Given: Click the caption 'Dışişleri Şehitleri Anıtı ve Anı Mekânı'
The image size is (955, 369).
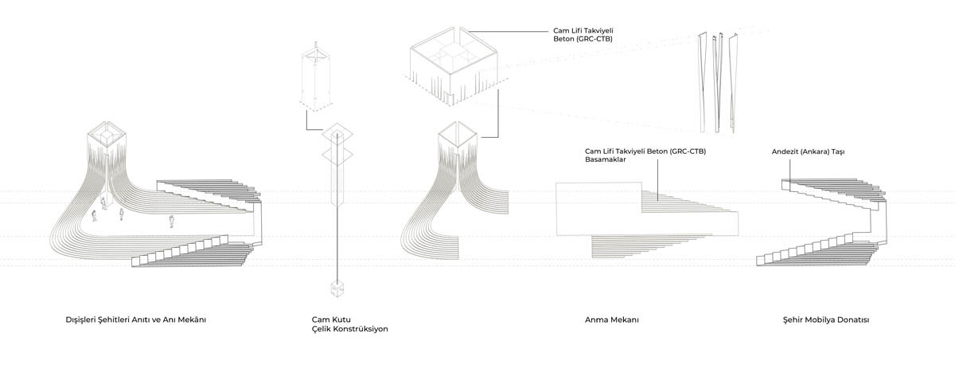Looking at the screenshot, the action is [x=135, y=320].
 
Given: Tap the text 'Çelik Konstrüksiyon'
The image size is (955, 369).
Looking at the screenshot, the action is [x=349, y=329].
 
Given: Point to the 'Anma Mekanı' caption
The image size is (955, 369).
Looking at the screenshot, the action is [x=612, y=320].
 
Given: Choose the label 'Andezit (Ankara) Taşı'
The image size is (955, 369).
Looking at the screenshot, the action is [x=808, y=151].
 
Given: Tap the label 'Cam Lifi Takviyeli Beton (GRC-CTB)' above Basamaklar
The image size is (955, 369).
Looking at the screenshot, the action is [x=645, y=151].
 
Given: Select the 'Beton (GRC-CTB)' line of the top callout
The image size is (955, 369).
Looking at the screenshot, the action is [x=583, y=39].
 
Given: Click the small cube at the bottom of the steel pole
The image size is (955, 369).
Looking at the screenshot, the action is [x=337, y=289].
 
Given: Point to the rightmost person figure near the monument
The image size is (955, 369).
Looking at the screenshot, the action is [x=171, y=222].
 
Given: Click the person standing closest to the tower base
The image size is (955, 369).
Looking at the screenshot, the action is [x=103, y=203].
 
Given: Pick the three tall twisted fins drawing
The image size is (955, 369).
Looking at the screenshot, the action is [x=718, y=82].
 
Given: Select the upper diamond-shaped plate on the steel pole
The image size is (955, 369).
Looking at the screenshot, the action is [x=337, y=134].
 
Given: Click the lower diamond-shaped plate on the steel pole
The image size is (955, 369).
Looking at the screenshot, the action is [x=337, y=155].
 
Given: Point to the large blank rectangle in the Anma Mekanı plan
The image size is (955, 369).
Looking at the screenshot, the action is [x=647, y=209].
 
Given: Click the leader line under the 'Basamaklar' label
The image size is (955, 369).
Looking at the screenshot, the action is [x=657, y=180].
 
